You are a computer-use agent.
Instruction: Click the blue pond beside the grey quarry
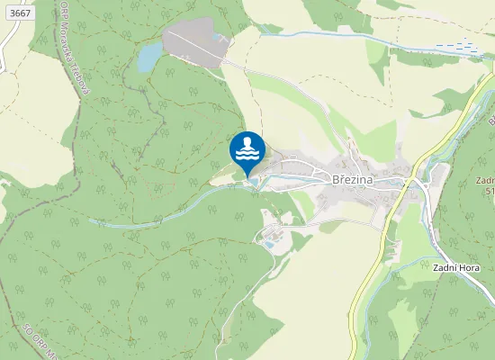148,58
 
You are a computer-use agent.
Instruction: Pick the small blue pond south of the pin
268,243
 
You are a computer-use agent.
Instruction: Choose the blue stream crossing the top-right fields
360,37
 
